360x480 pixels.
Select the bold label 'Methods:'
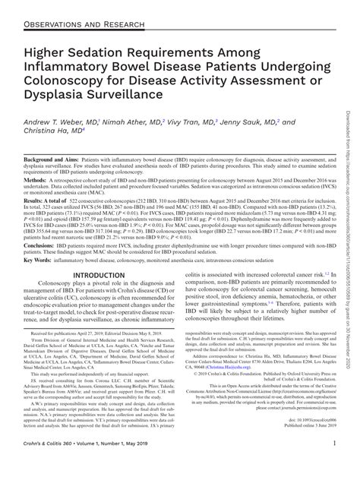point(37,201)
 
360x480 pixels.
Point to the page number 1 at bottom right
point(335,464)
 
